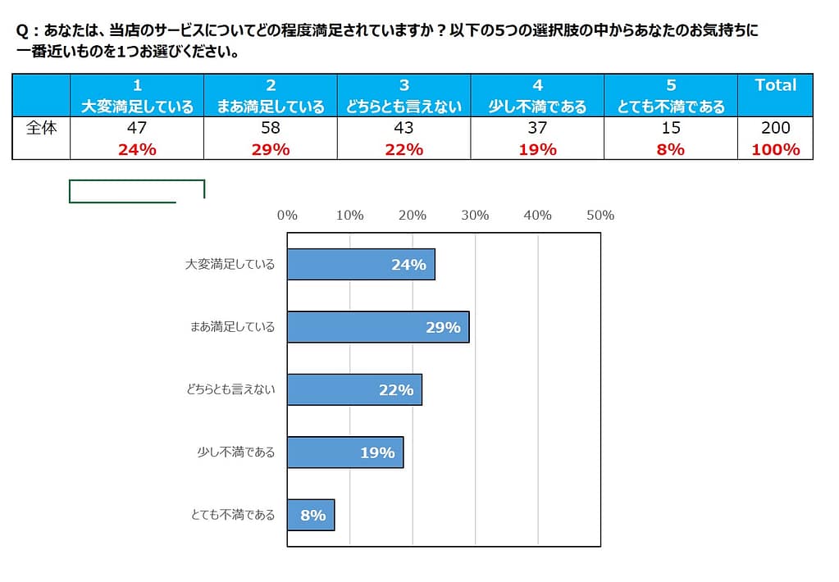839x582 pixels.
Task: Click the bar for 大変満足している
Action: click(361, 265)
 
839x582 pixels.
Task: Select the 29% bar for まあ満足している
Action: click(377, 327)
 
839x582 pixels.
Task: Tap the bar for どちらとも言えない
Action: click(354, 390)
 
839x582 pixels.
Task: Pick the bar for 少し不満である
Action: click(344, 452)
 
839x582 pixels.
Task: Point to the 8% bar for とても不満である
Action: click(311, 516)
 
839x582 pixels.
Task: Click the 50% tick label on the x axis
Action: click(600, 216)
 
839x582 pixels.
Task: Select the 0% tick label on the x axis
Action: click(287, 216)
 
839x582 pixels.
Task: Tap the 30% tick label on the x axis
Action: click(475, 216)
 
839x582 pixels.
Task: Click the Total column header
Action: click(775, 85)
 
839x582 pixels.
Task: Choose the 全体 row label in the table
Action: click(41, 128)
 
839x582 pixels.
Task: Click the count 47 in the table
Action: click(137, 128)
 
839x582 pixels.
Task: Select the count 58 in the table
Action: click(271, 128)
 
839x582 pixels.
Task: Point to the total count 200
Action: click(775, 128)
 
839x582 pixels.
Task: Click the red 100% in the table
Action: click(775, 149)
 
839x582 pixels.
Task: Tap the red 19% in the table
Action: click(537, 149)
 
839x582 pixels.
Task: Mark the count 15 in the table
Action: click(671, 128)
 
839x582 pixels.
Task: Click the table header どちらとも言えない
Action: click(404, 107)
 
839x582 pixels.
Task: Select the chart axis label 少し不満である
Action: click(236, 452)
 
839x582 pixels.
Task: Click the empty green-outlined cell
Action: click(136, 190)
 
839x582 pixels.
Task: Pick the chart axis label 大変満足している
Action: click(230, 265)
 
